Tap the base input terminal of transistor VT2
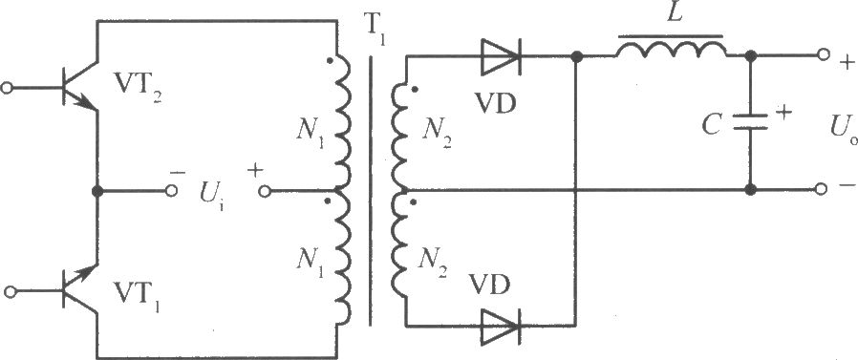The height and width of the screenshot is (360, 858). tap(7, 88)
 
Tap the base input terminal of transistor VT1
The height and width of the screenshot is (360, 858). tap(10, 291)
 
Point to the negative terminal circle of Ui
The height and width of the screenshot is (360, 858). tap(171, 190)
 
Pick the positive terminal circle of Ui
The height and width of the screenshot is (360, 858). tap(265, 191)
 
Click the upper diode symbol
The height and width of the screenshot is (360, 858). tap(500, 56)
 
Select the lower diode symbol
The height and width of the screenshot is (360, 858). tap(500, 326)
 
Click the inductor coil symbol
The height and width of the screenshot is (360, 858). tap(672, 50)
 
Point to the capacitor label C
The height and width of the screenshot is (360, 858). tap(713, 125)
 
